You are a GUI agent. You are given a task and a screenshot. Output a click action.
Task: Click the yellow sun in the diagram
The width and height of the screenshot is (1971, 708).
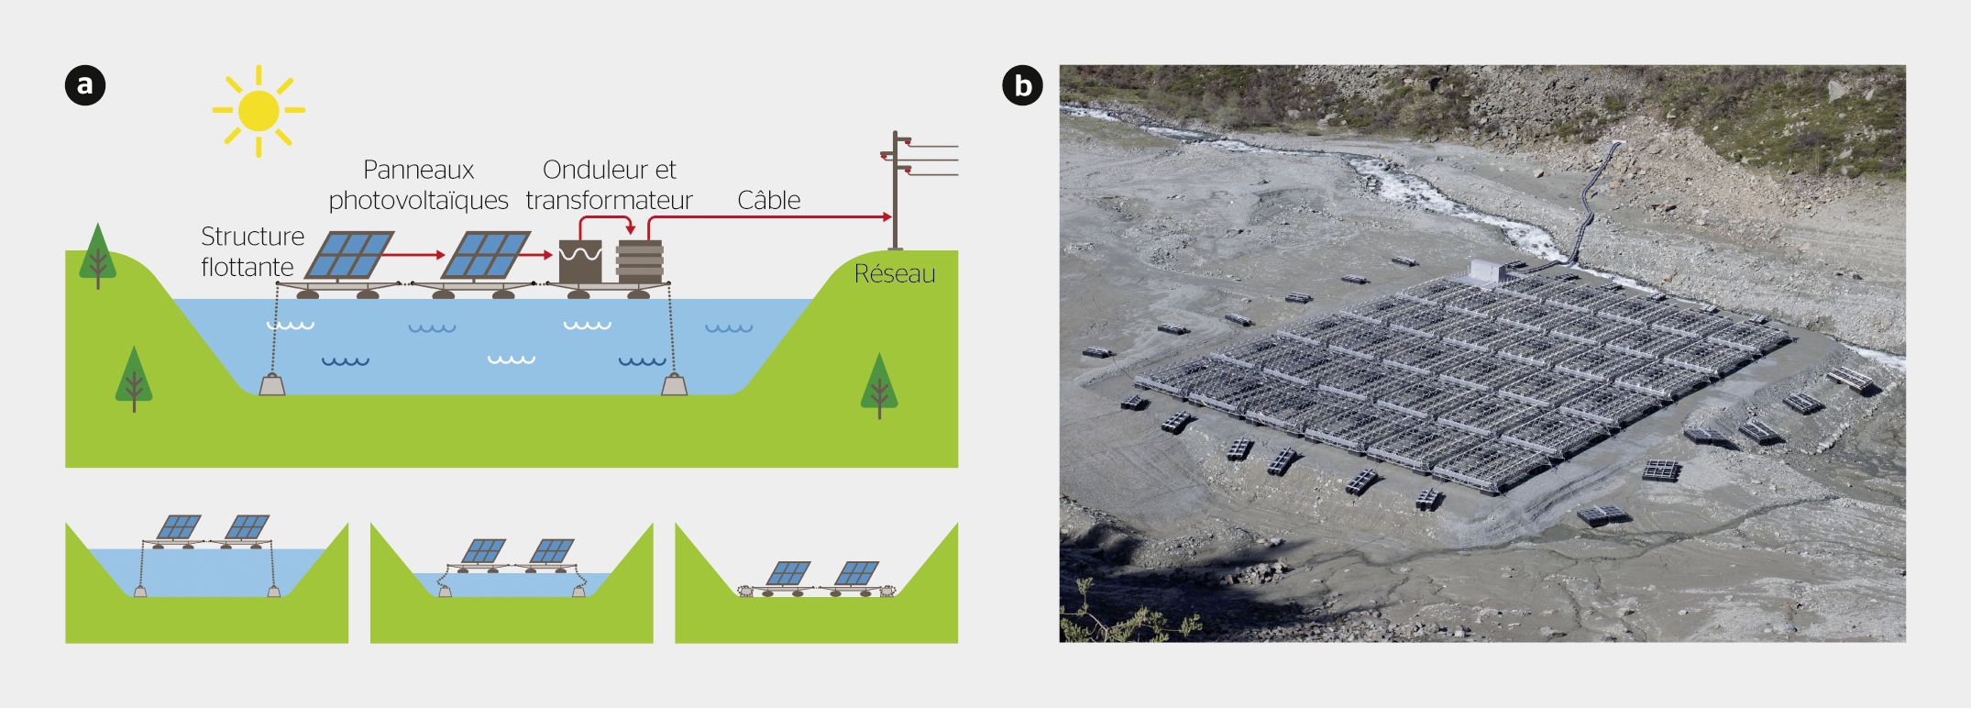[259, 110]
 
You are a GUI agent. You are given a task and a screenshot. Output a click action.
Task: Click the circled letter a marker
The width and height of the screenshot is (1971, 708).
[85, 85]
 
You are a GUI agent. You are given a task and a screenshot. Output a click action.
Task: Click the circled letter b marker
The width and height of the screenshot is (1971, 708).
[1023, 85]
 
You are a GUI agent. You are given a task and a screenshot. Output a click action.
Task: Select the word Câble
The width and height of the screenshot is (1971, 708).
[769, 200]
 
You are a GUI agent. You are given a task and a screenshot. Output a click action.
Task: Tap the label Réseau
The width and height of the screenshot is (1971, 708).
[895, 273]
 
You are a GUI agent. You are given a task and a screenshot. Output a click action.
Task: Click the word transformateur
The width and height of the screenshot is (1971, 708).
[609, 200]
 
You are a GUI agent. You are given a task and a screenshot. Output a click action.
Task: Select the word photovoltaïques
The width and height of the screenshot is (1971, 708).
[418, 201]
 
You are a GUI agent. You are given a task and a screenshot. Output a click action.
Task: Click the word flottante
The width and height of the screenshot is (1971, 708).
[248, 267]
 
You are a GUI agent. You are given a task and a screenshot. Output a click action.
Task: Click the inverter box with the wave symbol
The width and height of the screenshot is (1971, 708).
[580, 261]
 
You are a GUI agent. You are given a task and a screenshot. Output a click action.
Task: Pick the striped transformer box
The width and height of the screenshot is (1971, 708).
[640, 261]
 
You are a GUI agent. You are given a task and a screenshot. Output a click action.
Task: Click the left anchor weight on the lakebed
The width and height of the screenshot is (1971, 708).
[272, 384]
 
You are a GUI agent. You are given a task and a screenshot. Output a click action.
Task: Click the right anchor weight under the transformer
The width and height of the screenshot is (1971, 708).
[675, 384]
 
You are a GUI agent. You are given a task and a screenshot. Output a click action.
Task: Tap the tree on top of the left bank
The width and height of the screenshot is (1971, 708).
[98, 255]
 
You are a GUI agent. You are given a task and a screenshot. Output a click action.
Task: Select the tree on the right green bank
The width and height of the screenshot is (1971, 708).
[879, 385]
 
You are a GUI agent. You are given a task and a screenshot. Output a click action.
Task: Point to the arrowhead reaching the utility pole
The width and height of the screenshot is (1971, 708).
[886, 217]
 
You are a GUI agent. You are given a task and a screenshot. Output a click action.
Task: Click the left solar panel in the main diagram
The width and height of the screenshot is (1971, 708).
[348, 255]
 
